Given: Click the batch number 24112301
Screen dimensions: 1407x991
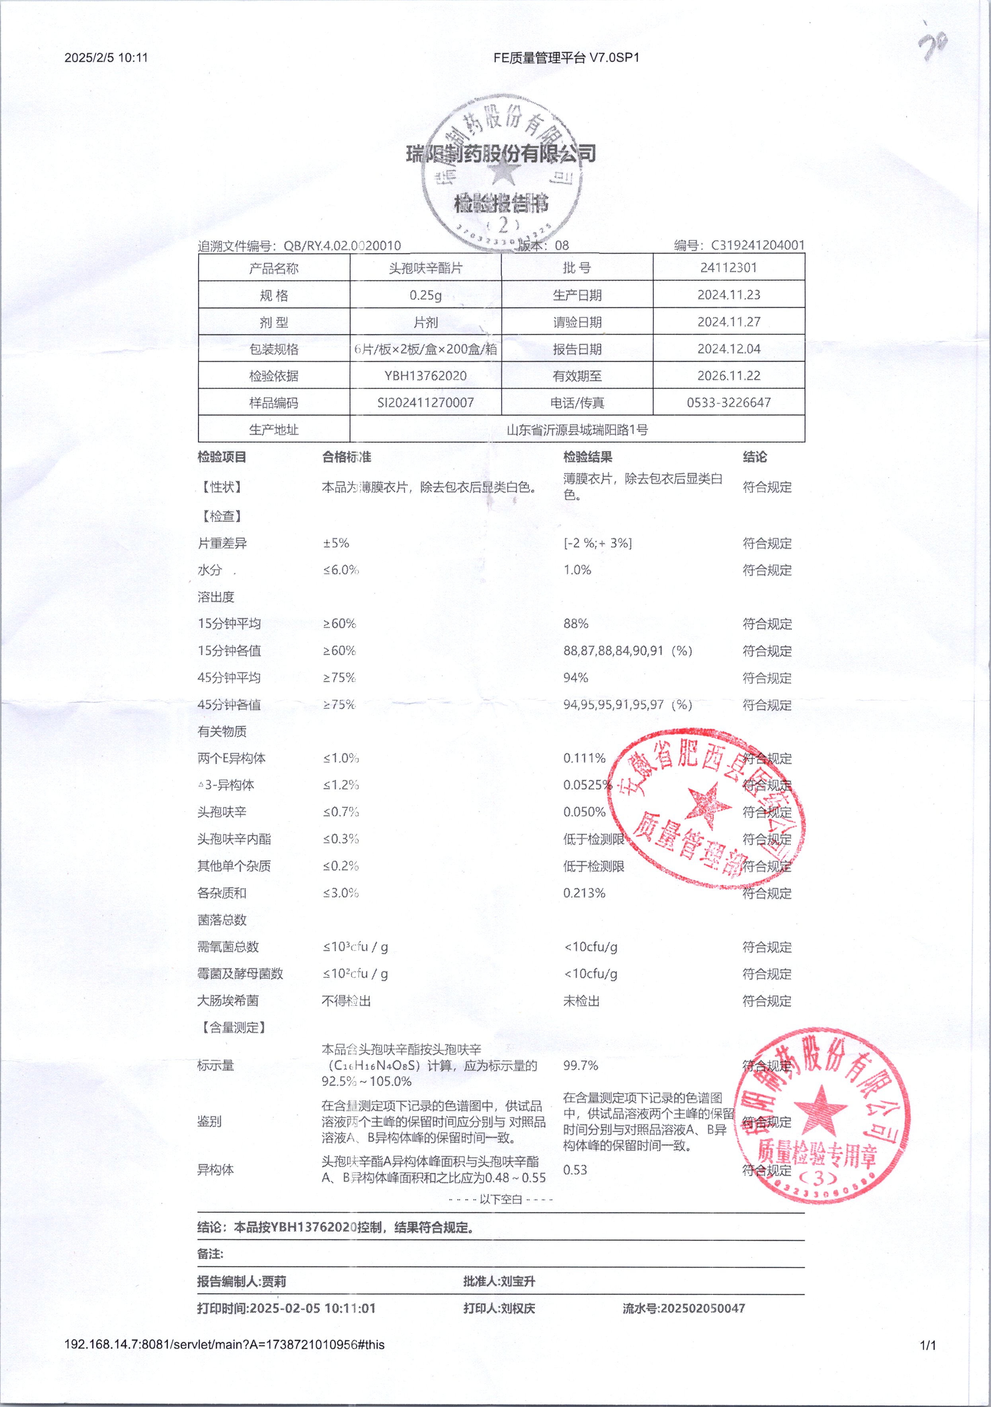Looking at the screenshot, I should (x=729, y=268).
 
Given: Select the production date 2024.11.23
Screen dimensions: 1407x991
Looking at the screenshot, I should (x=729, y=295).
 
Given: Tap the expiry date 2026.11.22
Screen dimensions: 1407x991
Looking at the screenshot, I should (x=729, y=376).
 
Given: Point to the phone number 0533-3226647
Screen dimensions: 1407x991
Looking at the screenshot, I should (x=729, y=402).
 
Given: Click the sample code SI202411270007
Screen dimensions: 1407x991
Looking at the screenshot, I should (x=425, y=402).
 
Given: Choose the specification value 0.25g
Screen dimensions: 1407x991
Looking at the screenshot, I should (x=425, y=295).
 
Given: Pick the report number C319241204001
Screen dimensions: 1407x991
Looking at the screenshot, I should (x=757, y=245).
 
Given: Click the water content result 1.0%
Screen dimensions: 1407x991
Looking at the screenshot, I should (x=577, y=570).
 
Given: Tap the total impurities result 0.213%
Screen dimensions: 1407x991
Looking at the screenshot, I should (x=584, y=893).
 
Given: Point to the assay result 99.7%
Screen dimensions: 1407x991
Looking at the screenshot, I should (x=580, y=1065).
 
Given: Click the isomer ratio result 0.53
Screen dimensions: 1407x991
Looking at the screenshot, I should (x=575, y=1169).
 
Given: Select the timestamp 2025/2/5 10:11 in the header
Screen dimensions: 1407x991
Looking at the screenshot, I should (x=106, y=58).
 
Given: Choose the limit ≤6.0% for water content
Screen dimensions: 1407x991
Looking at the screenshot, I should (x=341, y=570).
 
